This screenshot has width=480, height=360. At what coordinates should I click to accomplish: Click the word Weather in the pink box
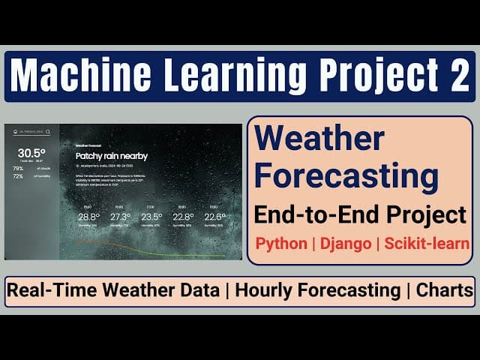coord(320,139)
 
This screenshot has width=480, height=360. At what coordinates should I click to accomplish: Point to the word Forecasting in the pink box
coord(346,177)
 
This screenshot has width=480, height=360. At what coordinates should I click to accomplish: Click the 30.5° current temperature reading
coord(28,152)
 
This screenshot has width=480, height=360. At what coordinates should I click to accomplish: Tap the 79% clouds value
coord(18,168)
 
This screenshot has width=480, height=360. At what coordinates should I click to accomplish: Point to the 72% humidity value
coord(18,176)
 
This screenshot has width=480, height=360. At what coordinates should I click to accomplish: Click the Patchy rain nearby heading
coord(112,156)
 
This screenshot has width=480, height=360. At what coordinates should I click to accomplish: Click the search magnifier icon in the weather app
coord(48,131)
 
